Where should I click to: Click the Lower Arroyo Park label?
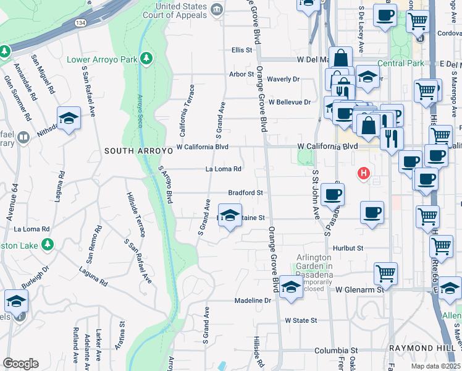pos(101,61)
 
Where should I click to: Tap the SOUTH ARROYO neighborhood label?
pos(133,151)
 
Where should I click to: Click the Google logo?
pos(20,364)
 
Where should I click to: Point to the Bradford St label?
pos(246,193)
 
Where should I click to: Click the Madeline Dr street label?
pos(253,301)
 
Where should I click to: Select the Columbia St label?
pos(335,350)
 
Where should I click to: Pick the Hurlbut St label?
pos(346,248)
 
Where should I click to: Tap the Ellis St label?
pos(242,49)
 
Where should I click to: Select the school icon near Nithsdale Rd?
pos(69,117)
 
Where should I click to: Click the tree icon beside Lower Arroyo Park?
pos(146,58)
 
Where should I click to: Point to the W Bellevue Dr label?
pos(289,102)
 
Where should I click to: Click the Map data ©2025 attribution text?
pos(435,366)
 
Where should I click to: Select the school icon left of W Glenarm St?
pos(291,288)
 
